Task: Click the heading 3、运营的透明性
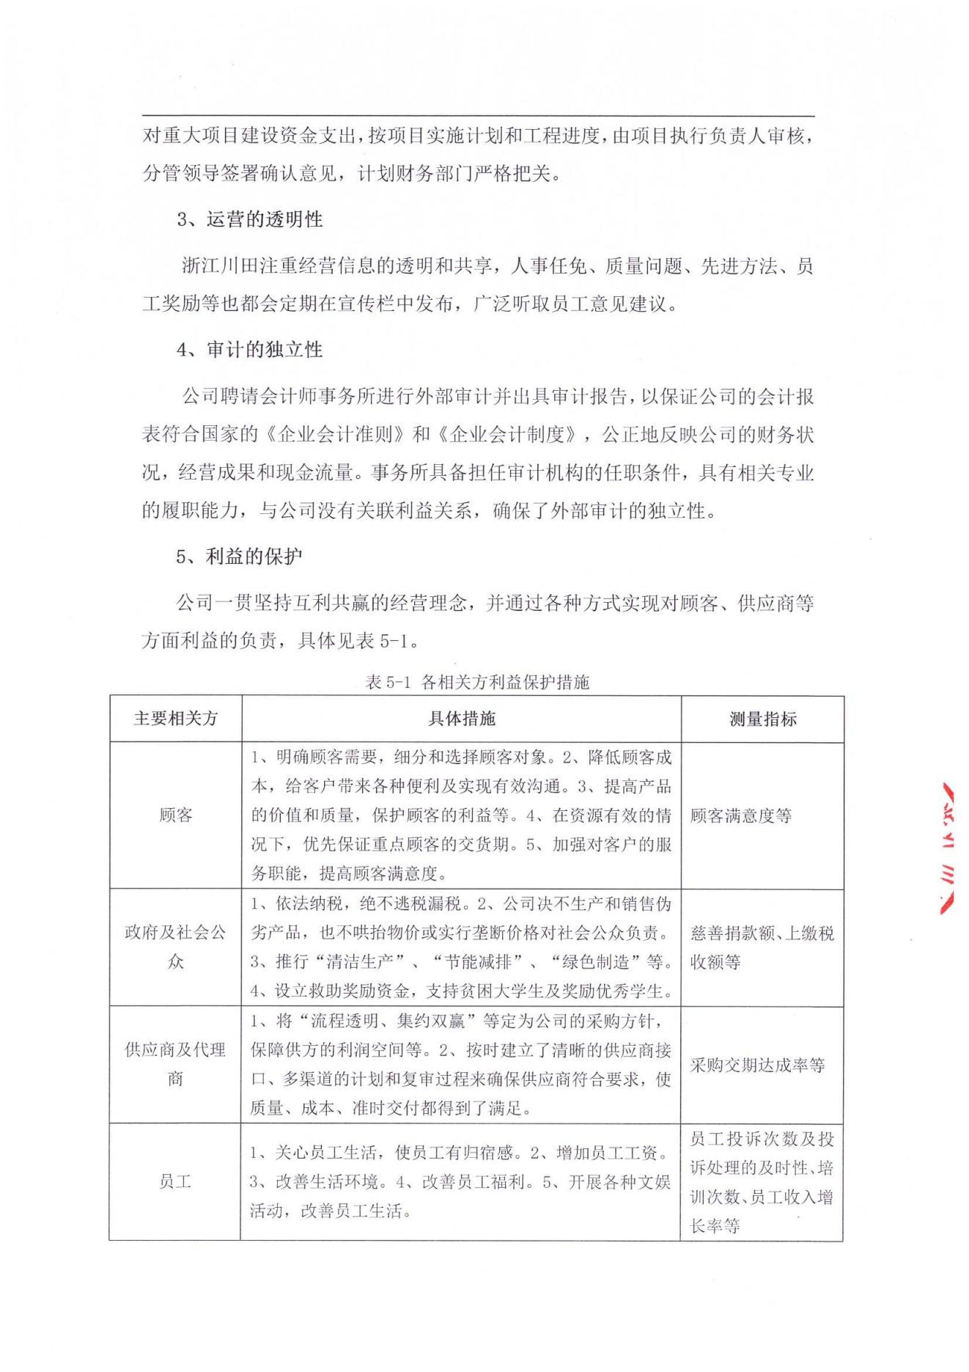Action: coord(250,219)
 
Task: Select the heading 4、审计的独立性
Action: coord(250,350)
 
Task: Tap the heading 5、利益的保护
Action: coord(239,557)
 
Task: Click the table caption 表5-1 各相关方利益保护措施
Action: coord(477,683)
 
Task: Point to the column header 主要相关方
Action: coord(176,719)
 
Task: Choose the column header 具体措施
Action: coord(462,719)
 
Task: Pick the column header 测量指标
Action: coord(763,719)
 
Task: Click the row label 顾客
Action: coord(176,815)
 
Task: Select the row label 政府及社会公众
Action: coord(176,947)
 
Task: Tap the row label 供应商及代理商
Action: coord(176,1064)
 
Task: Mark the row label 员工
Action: coord(176,1181)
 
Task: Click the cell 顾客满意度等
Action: coord(741,815)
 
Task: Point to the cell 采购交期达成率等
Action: coord(757,1065)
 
